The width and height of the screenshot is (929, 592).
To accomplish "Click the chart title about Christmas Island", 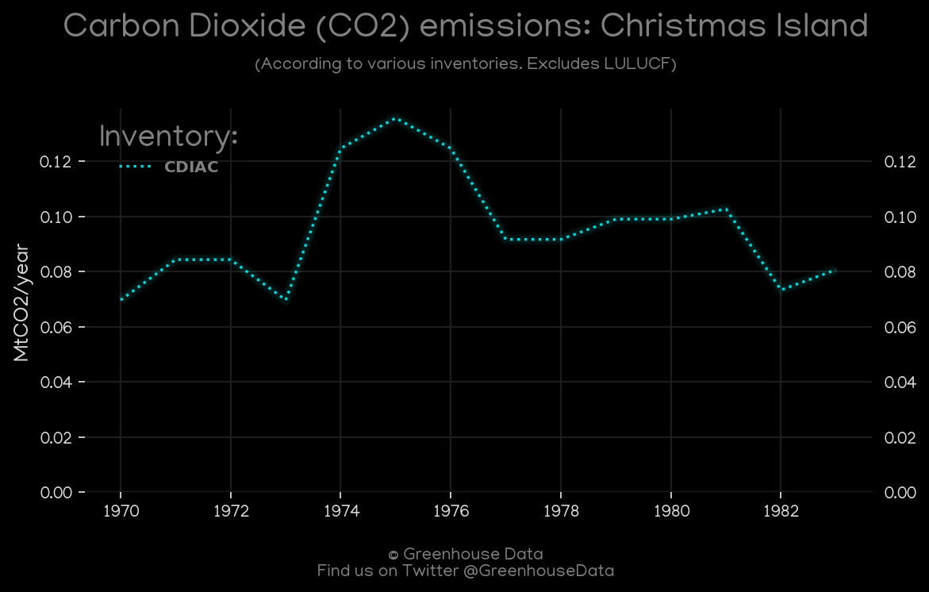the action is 465,27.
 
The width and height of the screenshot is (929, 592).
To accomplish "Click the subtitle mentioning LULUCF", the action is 465,63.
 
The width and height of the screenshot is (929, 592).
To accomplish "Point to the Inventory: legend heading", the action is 168,136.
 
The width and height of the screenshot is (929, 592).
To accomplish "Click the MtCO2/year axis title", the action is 21,302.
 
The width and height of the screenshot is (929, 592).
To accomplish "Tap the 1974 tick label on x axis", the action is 340,511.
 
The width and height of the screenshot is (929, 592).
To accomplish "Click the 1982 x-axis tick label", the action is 781,511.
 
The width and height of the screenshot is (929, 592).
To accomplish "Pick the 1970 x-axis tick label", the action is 121,511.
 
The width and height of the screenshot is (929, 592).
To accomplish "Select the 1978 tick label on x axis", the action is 561,511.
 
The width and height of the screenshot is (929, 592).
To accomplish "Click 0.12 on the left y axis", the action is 56,162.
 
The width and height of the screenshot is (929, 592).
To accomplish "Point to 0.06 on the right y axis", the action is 900,327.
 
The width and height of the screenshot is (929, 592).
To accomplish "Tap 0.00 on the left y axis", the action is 56,493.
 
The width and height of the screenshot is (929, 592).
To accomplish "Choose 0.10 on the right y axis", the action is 900,217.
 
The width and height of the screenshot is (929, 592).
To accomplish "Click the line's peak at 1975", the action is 395,118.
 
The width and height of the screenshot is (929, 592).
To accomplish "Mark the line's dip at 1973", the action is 286,299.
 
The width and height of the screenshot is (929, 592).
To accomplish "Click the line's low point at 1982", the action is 781,290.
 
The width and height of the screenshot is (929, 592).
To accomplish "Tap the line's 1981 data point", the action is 726,210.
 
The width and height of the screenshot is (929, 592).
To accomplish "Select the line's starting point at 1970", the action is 121,299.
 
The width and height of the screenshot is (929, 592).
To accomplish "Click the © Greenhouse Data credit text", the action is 465,554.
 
